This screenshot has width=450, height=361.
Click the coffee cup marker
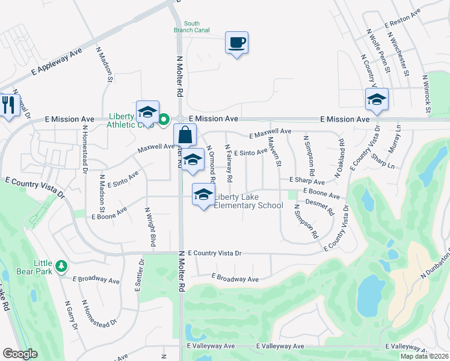click(236, 43)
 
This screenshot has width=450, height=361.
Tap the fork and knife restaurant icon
click(8, 106)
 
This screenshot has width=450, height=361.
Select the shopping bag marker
click(185, 135)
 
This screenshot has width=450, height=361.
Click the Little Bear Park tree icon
click(61, 265)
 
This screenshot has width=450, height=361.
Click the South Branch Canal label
click(191, 28)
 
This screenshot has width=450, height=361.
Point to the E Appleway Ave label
click(57, 61)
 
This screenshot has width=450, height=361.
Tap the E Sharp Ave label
click(307, 180)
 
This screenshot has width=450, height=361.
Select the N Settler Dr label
click(140, 275)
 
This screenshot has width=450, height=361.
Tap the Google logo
click(20, 354)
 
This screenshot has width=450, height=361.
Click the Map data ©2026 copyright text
click(424, 356)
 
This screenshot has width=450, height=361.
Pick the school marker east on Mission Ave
click(377, 100)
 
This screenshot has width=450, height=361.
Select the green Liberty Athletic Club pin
click(164, 119)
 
